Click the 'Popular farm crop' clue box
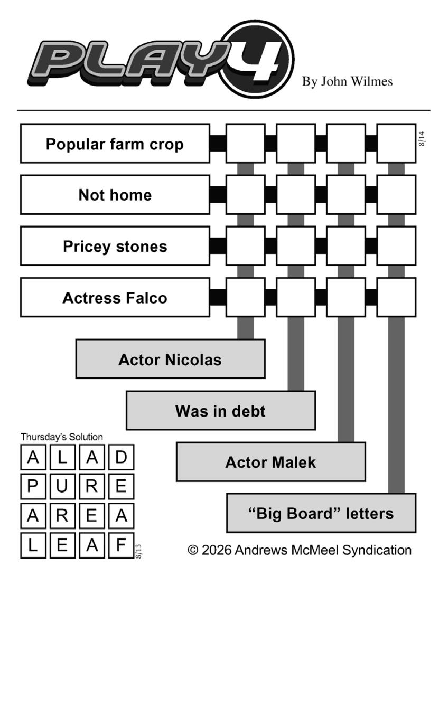click(115, 144)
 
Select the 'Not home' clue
click(115, 195)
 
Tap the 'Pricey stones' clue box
click(115, 246)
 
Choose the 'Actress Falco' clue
click(115, 298)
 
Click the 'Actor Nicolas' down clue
click(171, 359)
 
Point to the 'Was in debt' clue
click(221, 411)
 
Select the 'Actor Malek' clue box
click(271, 462)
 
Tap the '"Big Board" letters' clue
click(321, 513)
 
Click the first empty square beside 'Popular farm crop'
click(246, 144)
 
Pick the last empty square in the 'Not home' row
click(396, 195)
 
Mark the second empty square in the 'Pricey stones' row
click(296, 246)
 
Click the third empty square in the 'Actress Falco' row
click(346, 298)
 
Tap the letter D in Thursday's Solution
click(122, 457)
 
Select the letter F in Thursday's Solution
click(122, 545)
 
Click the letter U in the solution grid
click(62, 486)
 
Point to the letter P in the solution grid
click(33, 486)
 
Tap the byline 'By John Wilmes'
click(347, 81)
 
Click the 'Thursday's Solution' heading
click(62, 437)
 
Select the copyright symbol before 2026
click(193, 550)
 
